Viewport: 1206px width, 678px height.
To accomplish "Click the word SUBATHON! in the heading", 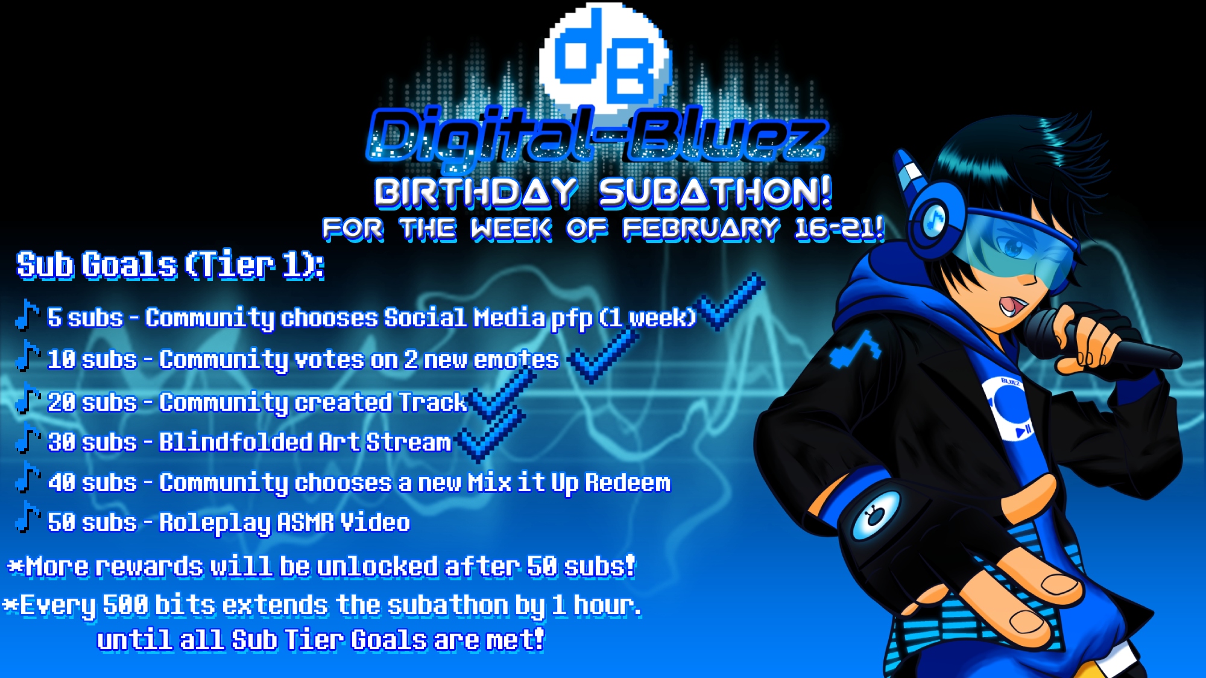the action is coord(716,192).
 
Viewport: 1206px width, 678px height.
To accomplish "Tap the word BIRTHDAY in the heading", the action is coord(476,192).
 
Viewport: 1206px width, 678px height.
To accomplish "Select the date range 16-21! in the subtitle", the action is coord(839,229).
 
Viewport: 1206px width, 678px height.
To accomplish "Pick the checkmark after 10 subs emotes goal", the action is coord(603,355).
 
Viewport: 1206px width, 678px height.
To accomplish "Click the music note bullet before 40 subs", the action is coord(27,477).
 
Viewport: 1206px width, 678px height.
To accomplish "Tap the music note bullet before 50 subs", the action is coord(27,518).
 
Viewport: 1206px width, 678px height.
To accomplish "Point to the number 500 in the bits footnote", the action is coord(125,605).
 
